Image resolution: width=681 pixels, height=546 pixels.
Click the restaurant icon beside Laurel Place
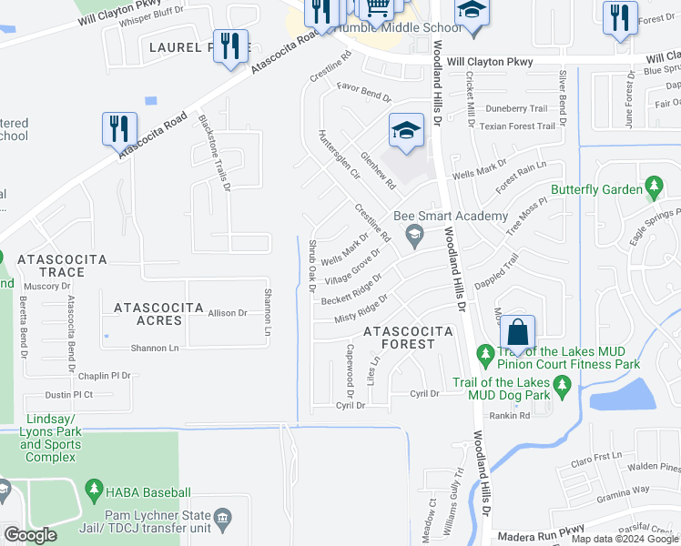[x=230, y=45]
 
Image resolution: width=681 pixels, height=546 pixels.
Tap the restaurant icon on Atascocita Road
[x=119, y=128]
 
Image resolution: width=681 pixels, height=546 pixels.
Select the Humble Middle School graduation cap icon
[x=471, y=14]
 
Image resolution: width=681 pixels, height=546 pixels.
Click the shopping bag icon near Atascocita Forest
[x=517, y=332]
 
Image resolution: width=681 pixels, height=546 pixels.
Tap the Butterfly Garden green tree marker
[x=653, y=187]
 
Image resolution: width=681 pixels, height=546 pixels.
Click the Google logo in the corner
[x=30, y=535]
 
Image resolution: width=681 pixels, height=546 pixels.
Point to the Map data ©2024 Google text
[x=625, y=539]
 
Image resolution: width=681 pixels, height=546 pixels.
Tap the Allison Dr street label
[x=228, y=313]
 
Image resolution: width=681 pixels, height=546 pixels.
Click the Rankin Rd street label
[x=510, y=416]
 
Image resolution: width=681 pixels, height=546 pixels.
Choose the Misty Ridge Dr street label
[x=361, y=308]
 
